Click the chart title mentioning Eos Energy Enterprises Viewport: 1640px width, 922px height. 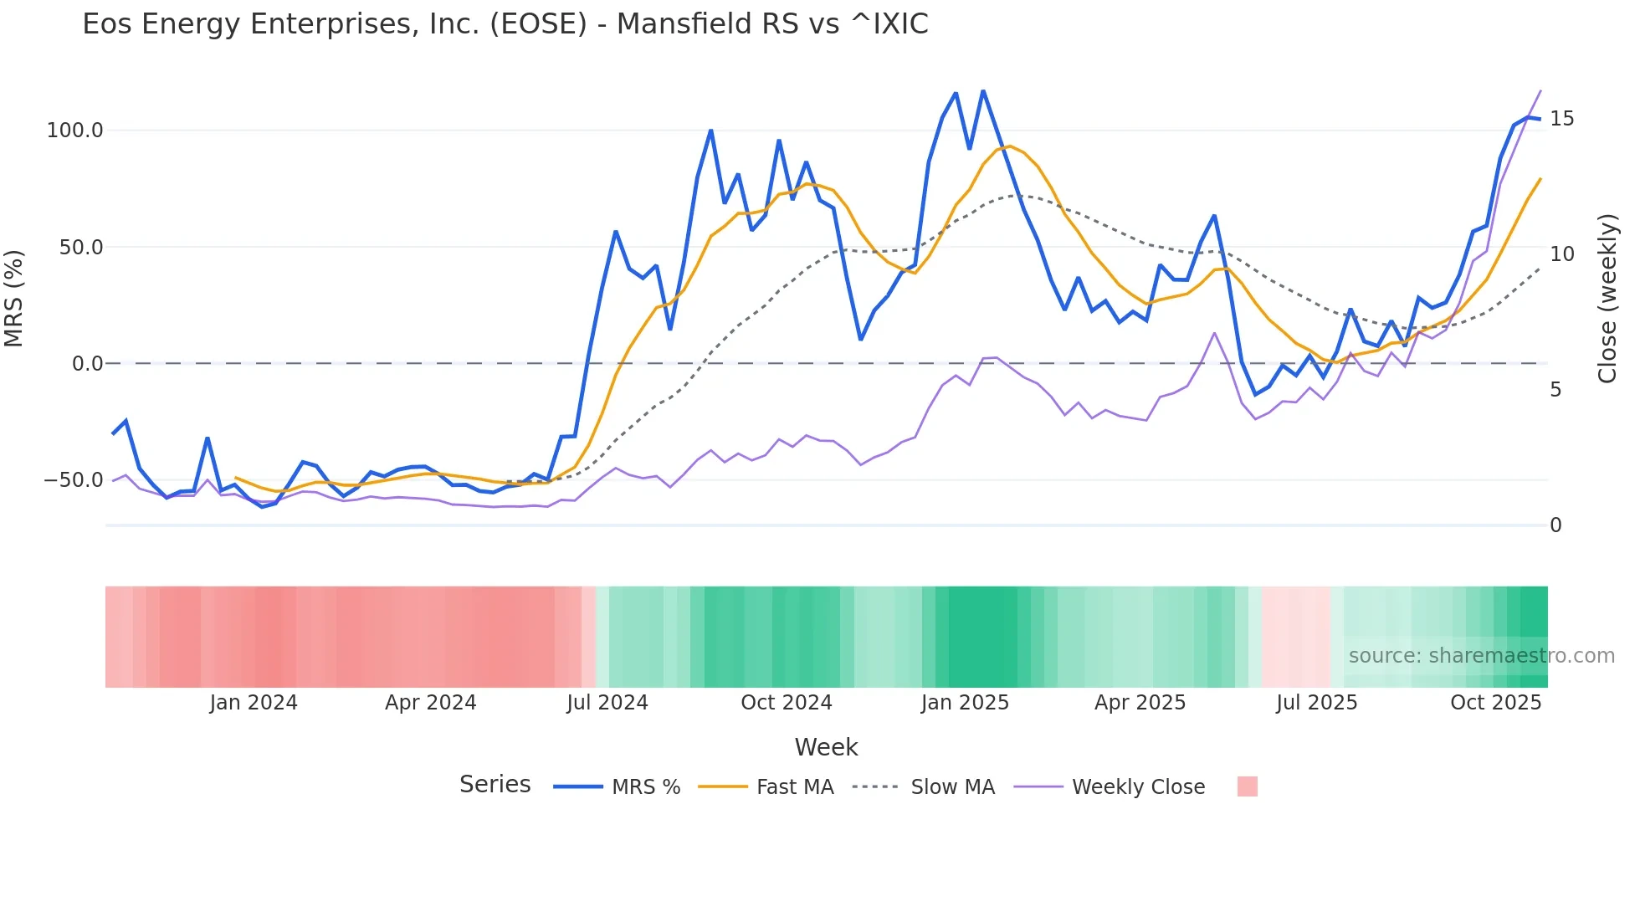505,24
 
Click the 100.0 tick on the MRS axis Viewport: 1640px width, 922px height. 75,131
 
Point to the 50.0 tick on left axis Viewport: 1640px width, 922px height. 81,248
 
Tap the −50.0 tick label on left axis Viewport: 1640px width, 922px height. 74,480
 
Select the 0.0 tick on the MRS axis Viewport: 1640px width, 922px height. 87,364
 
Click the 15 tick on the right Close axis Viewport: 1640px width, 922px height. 1561,119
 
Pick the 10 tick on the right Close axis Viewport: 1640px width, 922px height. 1561,254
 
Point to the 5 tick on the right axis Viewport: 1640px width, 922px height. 1555,390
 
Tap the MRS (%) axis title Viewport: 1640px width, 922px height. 14,299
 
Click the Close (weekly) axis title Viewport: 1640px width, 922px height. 1607,299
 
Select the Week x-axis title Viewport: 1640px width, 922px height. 826,747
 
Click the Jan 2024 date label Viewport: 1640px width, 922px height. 254,703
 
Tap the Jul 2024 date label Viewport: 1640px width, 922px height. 607,703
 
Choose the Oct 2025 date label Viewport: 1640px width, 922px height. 1495,703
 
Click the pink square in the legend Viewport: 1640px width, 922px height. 1247,786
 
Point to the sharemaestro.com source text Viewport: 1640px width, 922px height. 1481,656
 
